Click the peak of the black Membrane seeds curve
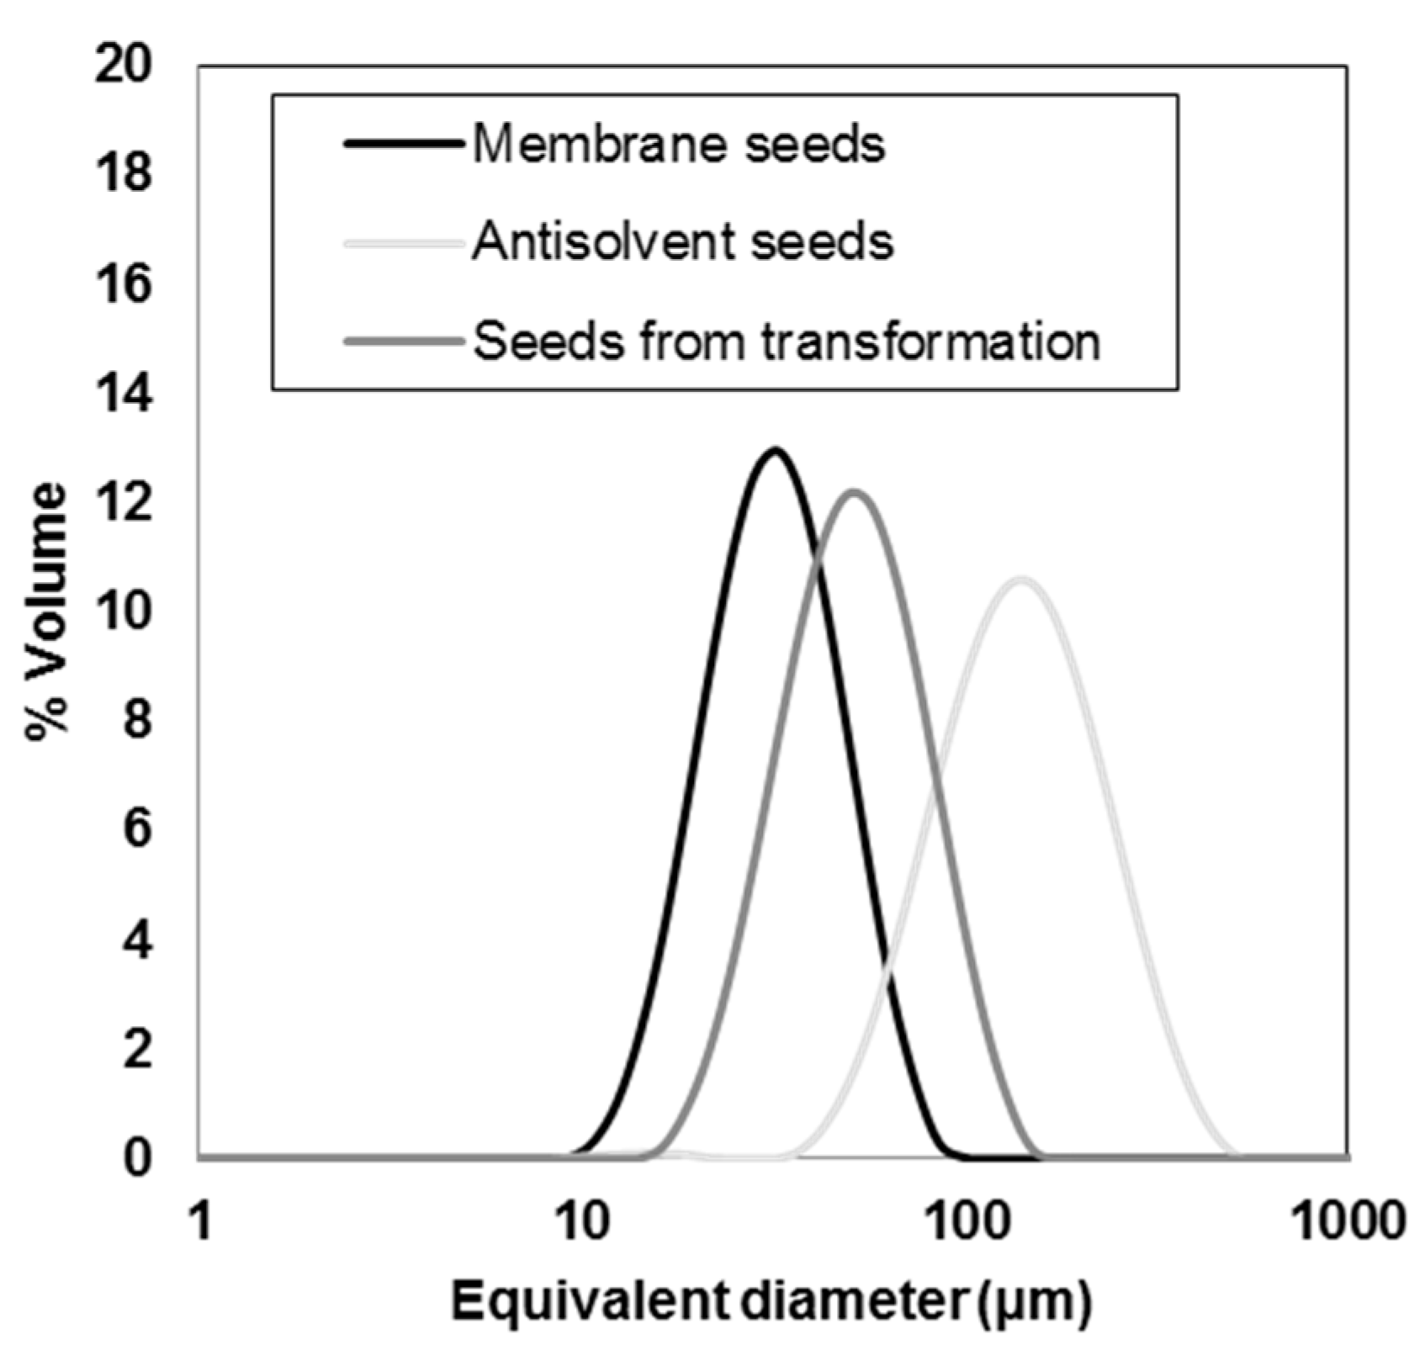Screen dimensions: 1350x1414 [x=774, y=450]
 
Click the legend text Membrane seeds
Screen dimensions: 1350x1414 [x=678, y=145]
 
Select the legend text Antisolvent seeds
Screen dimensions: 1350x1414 [x=682, y=242]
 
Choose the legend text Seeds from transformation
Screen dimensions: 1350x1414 [x=786, y=341]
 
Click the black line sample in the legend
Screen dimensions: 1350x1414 [x=404, y=144]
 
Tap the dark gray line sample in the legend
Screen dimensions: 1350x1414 [x=404, y=341]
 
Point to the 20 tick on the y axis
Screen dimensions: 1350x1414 [x=124, y=66]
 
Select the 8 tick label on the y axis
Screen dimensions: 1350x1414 [x=137, y=722]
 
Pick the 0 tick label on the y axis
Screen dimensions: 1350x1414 [x=137, y=1159]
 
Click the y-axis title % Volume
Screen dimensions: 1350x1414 [x=46, y=611]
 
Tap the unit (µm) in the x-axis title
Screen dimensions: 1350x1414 [x=1035, y=1304]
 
